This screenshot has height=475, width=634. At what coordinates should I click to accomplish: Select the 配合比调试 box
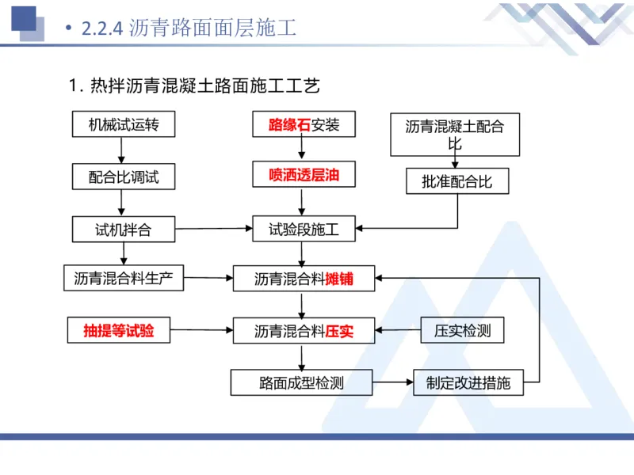point(123,177)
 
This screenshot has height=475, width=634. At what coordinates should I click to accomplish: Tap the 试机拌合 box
point(123,230)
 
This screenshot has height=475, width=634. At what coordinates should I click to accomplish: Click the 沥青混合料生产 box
point(123,278)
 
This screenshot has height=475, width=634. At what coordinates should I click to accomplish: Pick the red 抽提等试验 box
point(119,331)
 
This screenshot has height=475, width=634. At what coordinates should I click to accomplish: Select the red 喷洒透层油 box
point(304,175)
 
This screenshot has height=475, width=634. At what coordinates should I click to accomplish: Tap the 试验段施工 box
point(304,230)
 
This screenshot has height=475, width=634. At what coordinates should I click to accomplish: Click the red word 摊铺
point(338,279)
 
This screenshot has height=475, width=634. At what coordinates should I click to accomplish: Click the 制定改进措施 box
point(468,383)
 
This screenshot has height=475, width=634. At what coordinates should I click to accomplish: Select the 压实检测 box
point(462,330)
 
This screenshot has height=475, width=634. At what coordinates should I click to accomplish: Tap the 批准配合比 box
point(457,181)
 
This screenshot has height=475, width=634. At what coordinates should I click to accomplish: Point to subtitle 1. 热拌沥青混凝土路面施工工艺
point(194,85)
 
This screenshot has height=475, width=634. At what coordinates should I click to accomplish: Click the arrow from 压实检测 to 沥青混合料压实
point(399,330)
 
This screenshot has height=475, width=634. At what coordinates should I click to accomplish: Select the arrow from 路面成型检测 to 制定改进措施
point(393,383)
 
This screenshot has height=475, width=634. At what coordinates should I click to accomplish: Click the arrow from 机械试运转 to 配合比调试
point(120,150)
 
